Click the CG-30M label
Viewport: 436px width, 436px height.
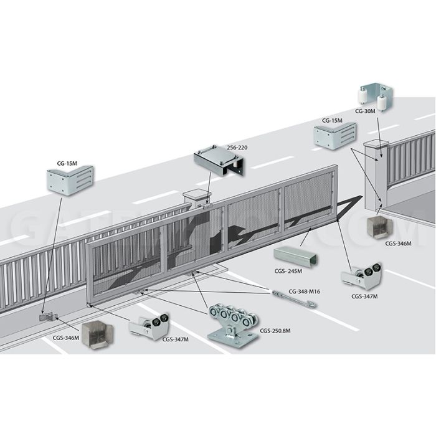pos(365,111)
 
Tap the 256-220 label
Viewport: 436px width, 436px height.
pos(237,148)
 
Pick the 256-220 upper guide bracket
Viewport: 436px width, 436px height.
pos(219,162)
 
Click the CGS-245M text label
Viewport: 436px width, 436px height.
pos(288,271)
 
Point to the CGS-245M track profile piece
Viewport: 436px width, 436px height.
pos(295,257)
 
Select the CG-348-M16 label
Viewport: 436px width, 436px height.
pos(304,291)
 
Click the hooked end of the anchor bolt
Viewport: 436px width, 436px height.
pos(313,305)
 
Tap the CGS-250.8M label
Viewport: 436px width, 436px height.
pos(275,331)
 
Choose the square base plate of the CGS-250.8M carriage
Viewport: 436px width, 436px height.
pos(233,339)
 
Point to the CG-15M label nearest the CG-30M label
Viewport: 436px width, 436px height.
pos(332,120)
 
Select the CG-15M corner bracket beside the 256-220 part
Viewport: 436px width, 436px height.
pos(70,179)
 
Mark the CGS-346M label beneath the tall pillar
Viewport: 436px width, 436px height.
pos(398,244)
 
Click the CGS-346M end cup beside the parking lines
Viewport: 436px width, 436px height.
pos(97,335)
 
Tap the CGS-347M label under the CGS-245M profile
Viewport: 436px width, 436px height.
pos(364,296)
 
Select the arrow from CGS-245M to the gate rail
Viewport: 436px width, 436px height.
pos(305,237)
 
